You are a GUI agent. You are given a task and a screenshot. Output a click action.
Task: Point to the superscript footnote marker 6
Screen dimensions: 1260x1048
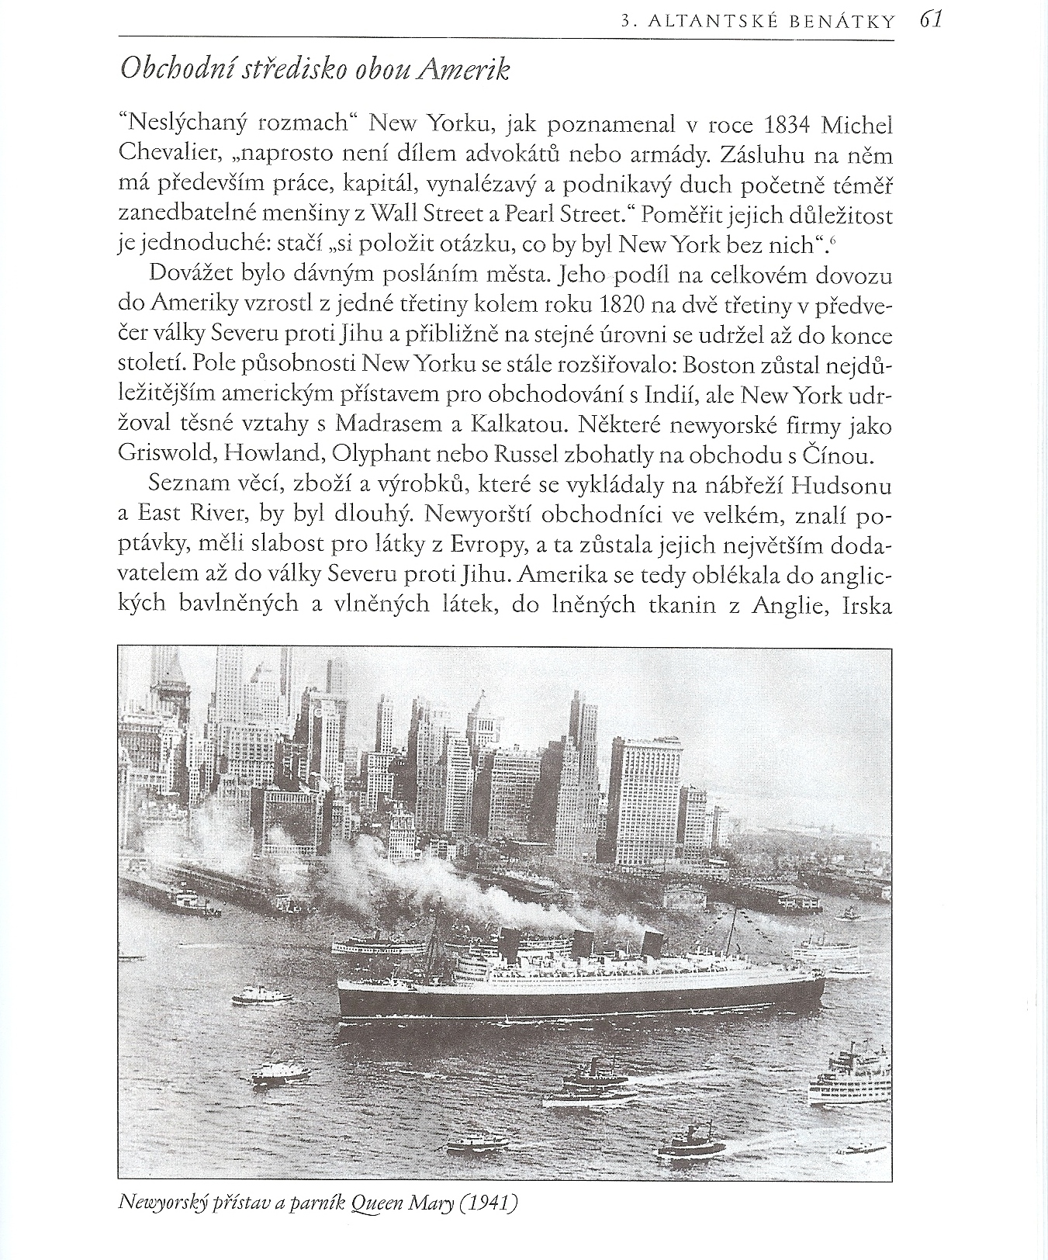[x=832, y=241]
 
